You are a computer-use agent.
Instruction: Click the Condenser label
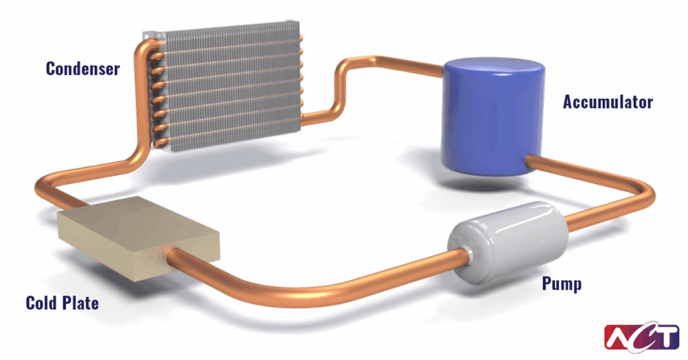pyautogui.click(x=83, y=69)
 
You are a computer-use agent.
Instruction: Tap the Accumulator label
pyautogui.click(x=607, y=103)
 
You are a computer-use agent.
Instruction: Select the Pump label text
pyautogui.click(x=562, y=284)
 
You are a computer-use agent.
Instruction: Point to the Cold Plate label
pyautogui.click(x=62, y=304)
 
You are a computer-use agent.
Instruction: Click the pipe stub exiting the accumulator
pyautogui.click(x=537, y=162)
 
